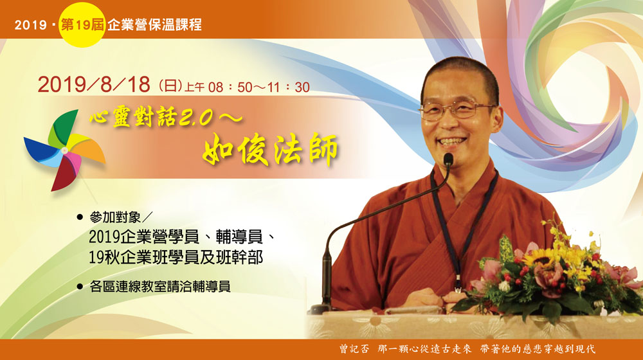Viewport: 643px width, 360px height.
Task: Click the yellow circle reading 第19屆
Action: (x=80, y=26)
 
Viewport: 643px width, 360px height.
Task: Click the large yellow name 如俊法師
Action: (x=270, y=150)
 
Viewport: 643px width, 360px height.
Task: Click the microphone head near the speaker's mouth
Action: (x=448, y=161)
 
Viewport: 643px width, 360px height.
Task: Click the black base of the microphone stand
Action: (x=319, y=309)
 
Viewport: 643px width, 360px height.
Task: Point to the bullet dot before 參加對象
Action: (x=80, y=216)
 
